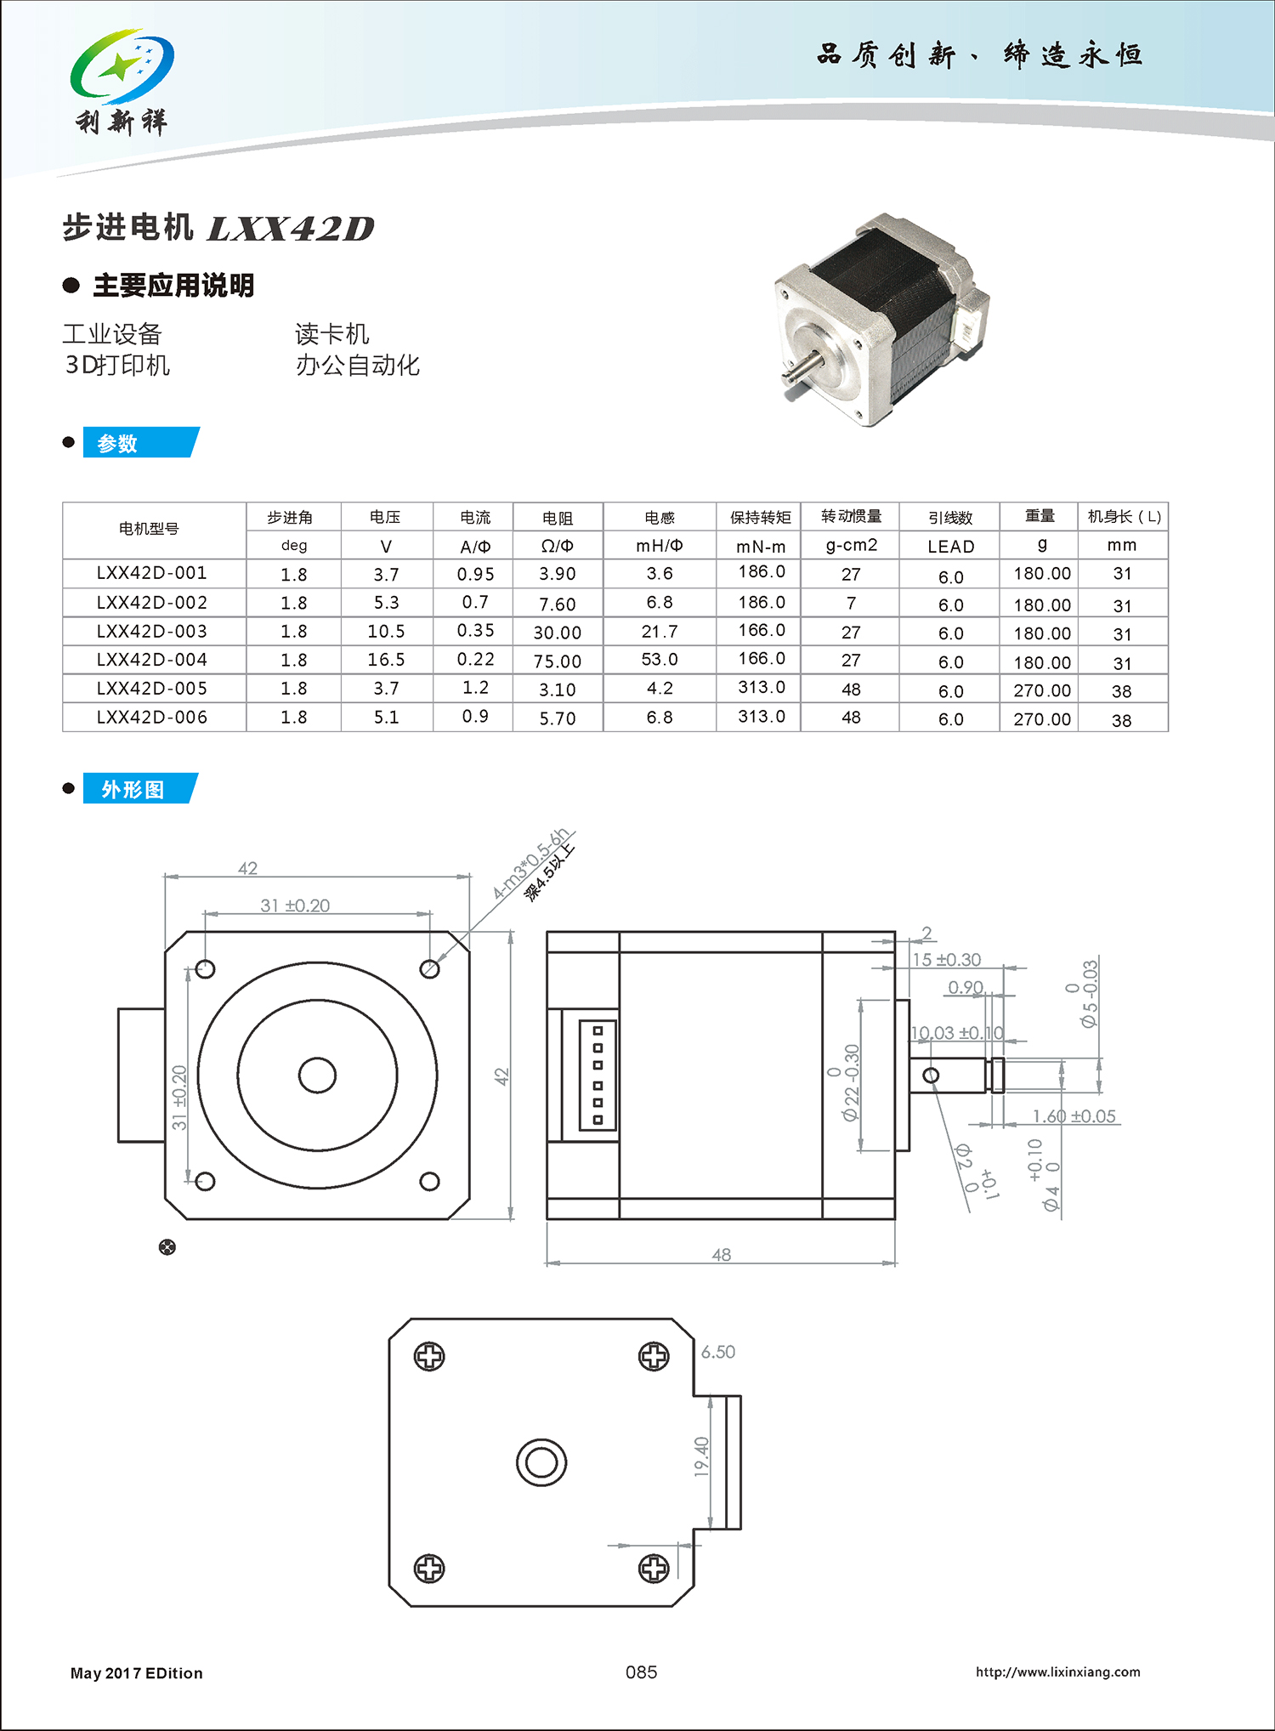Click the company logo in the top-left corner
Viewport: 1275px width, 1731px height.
point(122,82)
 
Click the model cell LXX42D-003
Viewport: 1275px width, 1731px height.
point(152,632)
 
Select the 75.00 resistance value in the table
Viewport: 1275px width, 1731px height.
point(558,661)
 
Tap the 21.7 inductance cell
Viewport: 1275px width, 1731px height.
point(660,632)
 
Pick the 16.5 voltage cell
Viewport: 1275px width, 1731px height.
point(386,660)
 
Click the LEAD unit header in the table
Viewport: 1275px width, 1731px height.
point(950,547)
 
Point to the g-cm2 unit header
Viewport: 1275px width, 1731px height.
point(851,545)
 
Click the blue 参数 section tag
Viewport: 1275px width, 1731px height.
point(139,443)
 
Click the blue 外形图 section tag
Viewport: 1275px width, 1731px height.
point(139,789)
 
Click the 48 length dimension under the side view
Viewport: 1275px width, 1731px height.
point(721,1255)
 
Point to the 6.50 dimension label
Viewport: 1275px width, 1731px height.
point(718,1352)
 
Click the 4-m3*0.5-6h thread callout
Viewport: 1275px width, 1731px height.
point(530,864)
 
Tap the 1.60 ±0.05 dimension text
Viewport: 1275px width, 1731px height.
point(1074,1116)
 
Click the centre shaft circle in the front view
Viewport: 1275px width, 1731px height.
point(317,1075)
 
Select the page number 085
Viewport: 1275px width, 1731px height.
point(641,1672)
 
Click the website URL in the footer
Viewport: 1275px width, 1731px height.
point(1057,1672)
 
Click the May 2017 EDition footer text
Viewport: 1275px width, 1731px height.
point(137,1673)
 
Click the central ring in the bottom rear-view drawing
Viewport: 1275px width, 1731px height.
point(541,1462)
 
